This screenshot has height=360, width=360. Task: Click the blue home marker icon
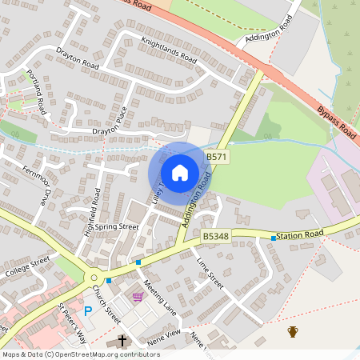(x=179, y=173)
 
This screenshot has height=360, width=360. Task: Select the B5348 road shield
(x=215, y=237)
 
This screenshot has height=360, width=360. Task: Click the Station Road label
(x=301, y=234)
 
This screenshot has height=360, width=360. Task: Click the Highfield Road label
(x=95, y=205)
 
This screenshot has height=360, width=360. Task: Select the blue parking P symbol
(x=88, y=310)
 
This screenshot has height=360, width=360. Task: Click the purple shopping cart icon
(x=138, y=297)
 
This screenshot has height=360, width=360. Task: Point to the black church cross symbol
(x=123, y=341)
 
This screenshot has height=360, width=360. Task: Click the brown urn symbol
(x=293, y=331)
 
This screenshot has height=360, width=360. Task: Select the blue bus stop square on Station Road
(x=274, y=238)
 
